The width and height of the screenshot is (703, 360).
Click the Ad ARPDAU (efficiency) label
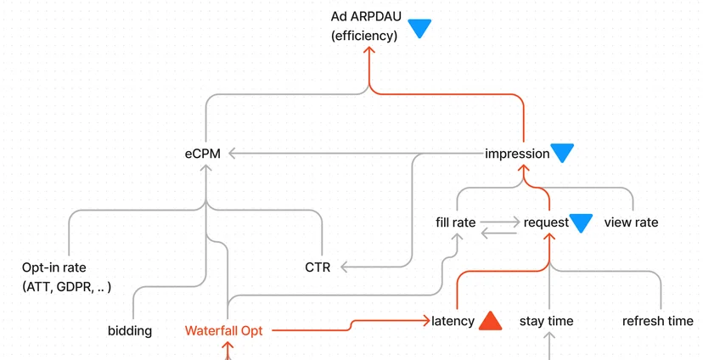click(x=366, y=26)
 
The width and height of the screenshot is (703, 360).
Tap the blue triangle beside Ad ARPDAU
click(x=419, y=28)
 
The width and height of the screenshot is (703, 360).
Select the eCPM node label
click(x=203, y=154)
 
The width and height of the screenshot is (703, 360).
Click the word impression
click(x=517, y=154)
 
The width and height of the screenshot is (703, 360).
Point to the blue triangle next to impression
click(x=562, y=153)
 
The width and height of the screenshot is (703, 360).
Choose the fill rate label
click(x=456, y=222)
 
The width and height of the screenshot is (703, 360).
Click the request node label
click(x=546, y=222)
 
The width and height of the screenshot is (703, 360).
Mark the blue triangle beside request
click(x=581, y=222)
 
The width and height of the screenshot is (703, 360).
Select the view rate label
click(x=632, y=222)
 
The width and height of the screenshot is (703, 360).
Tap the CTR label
click(x=318, y=267)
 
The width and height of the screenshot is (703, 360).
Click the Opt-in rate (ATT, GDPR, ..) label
click(x=66, y=277)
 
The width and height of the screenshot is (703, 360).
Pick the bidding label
click(x=130, y=331)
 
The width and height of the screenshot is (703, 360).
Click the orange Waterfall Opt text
click(x=224, y=331)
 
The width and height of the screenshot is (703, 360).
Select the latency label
click(x=453, y=321)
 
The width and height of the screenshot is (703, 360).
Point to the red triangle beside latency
click(x=491, y=321)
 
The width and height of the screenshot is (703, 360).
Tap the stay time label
click(x=547, y=321)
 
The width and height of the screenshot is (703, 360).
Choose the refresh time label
click(x=658, y=321)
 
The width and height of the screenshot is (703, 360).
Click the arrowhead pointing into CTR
click(x=344, y=267)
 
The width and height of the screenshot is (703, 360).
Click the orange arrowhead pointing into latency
click(x=426, y=320)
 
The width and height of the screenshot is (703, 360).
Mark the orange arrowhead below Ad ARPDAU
click(x=369, y=50)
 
